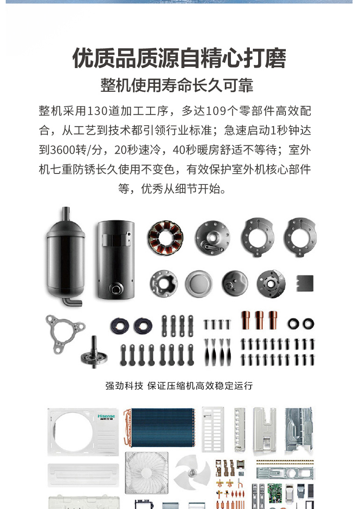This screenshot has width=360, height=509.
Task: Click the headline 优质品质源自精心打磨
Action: (179, 58)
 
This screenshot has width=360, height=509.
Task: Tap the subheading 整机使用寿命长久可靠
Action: (177, 85)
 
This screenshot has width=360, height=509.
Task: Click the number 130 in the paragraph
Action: (97, 111)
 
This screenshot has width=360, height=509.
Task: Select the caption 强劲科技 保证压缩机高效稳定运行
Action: (179, 386)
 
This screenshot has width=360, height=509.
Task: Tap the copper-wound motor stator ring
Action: (165, 238)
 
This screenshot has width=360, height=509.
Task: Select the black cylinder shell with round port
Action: (116, 260)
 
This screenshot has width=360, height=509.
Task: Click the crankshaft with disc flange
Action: (94, 354)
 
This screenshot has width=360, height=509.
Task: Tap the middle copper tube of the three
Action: (259, 320)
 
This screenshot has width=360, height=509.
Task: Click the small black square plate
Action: (305, 283)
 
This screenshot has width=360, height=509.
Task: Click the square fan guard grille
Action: (147, 473)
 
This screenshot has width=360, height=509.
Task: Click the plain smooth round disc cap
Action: (199, 284)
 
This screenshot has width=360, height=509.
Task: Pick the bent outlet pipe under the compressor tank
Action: (72, 301)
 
